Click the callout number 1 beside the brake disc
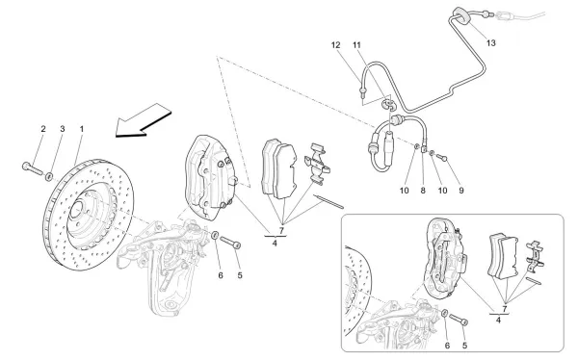[x=82, y=129]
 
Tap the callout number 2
[x=42, y=129]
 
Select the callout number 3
[x=63, y=129]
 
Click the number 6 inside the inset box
[x=445, y=344]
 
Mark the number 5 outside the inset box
[x=239, y=274]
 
